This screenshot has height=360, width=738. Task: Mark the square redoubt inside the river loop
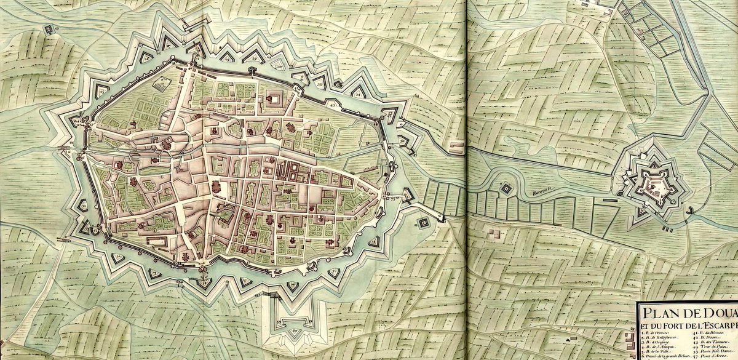[x=506, y=188]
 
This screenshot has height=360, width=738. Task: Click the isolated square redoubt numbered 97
[x=424, y=222]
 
